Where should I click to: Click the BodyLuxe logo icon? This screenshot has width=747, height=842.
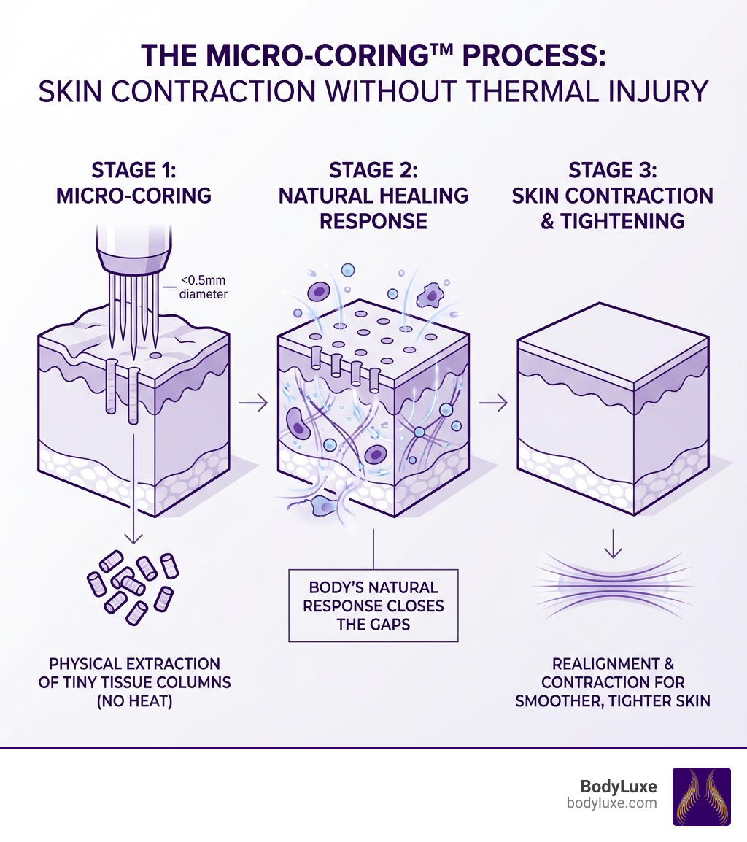tap(700, 796)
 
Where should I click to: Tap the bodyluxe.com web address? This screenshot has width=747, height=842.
tap(611, 803)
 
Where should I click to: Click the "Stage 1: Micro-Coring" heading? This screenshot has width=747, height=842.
tap(133, 183)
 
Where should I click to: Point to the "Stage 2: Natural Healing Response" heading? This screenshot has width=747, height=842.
tap(373, 195)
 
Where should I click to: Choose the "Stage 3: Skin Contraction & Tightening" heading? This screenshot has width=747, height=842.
tap(612, 195)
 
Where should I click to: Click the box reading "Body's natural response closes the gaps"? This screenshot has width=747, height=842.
tap(373, 605)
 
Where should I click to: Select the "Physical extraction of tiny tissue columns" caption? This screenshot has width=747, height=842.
tap(134, 682)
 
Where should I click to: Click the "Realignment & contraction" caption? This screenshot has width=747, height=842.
tap(613, 682)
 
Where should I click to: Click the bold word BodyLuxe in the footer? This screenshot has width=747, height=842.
tap(618, 787)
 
